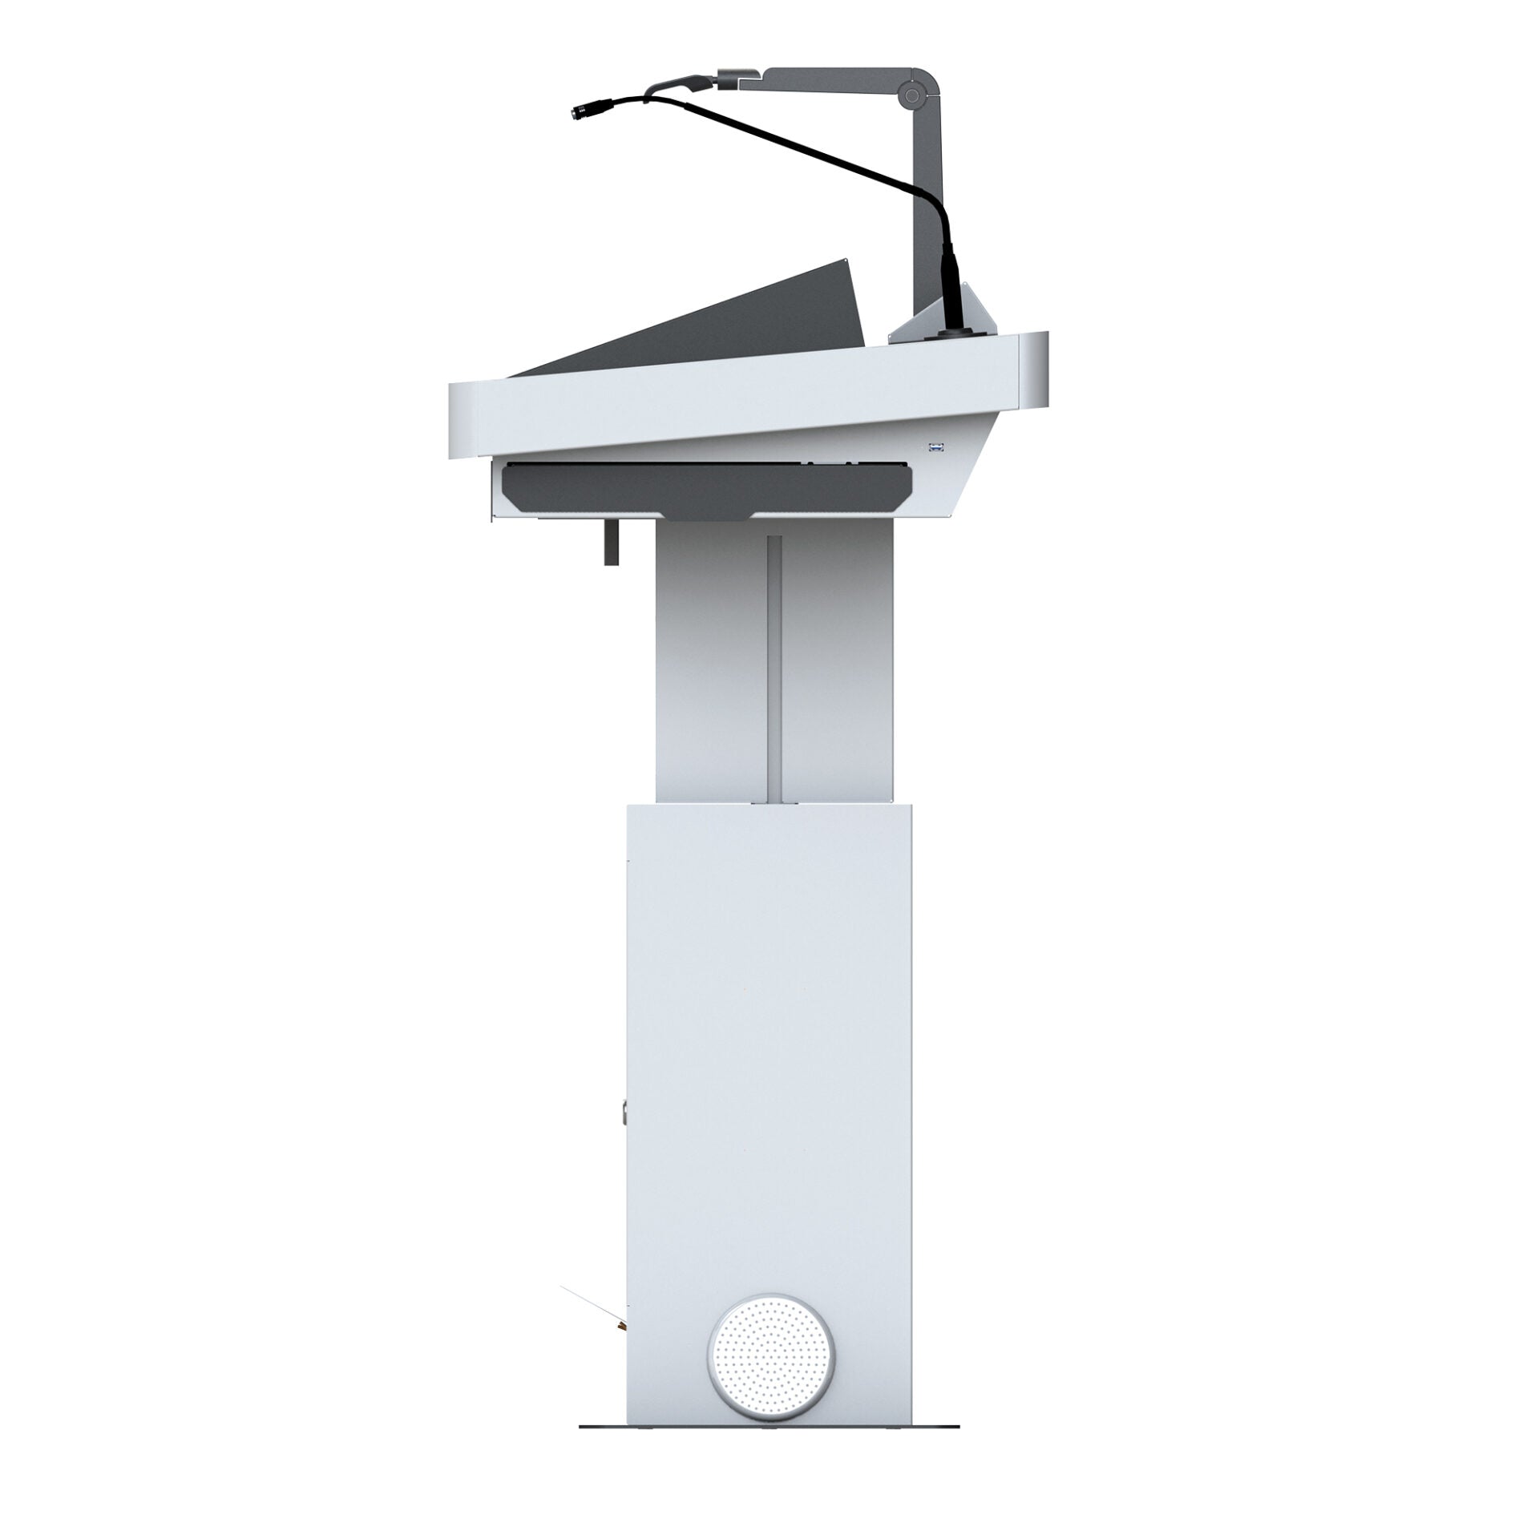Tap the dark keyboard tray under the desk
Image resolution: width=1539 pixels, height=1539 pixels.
705,490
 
